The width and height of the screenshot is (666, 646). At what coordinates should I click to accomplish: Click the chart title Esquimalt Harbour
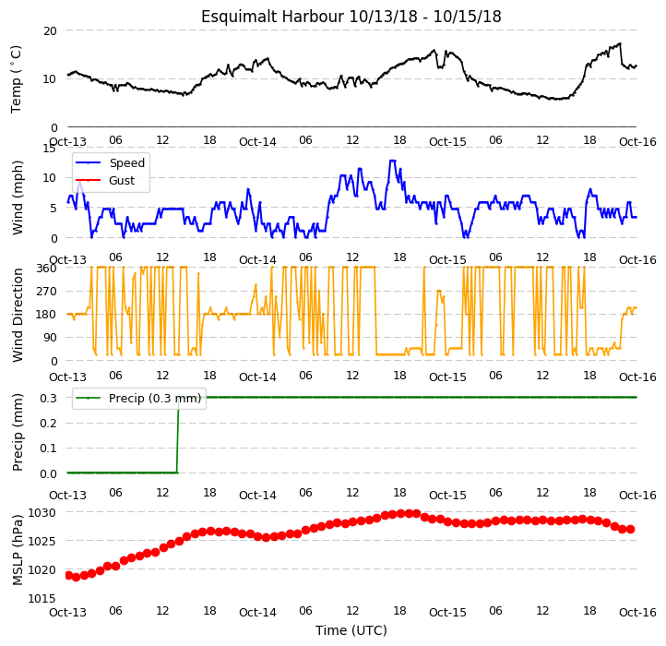tap(273, 17)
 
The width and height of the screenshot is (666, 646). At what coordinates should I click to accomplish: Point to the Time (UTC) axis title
tap(351, 630)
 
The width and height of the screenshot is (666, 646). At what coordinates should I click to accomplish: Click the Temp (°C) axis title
tap(16, 79)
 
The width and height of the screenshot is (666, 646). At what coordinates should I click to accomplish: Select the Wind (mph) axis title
tap(18, 197)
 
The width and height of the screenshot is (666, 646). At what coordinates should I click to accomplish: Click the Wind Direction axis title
tap(18, 315)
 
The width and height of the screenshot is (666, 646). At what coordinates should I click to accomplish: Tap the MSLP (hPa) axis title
tap(18, 550)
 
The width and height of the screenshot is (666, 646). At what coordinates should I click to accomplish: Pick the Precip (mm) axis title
tap(18, 432)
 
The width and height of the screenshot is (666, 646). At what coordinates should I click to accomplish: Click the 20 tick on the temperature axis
tap(50, 31)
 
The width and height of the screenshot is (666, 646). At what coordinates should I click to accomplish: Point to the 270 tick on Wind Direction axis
tap(46, 292)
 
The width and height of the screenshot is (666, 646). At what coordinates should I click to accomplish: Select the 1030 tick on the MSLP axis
tap(42, 513)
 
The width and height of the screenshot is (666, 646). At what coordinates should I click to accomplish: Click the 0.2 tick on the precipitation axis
tap(48, 424)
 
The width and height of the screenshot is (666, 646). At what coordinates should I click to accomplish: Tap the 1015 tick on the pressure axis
tap(42, 599)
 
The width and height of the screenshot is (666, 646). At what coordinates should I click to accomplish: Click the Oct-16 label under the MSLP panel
tap(637, 613)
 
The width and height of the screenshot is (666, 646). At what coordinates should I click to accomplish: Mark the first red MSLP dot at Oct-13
tap(68, 575)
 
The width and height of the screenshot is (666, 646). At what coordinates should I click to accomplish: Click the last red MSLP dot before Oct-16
tap(631, 529)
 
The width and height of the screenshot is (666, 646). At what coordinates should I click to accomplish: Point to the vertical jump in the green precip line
tap(177, 435)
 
